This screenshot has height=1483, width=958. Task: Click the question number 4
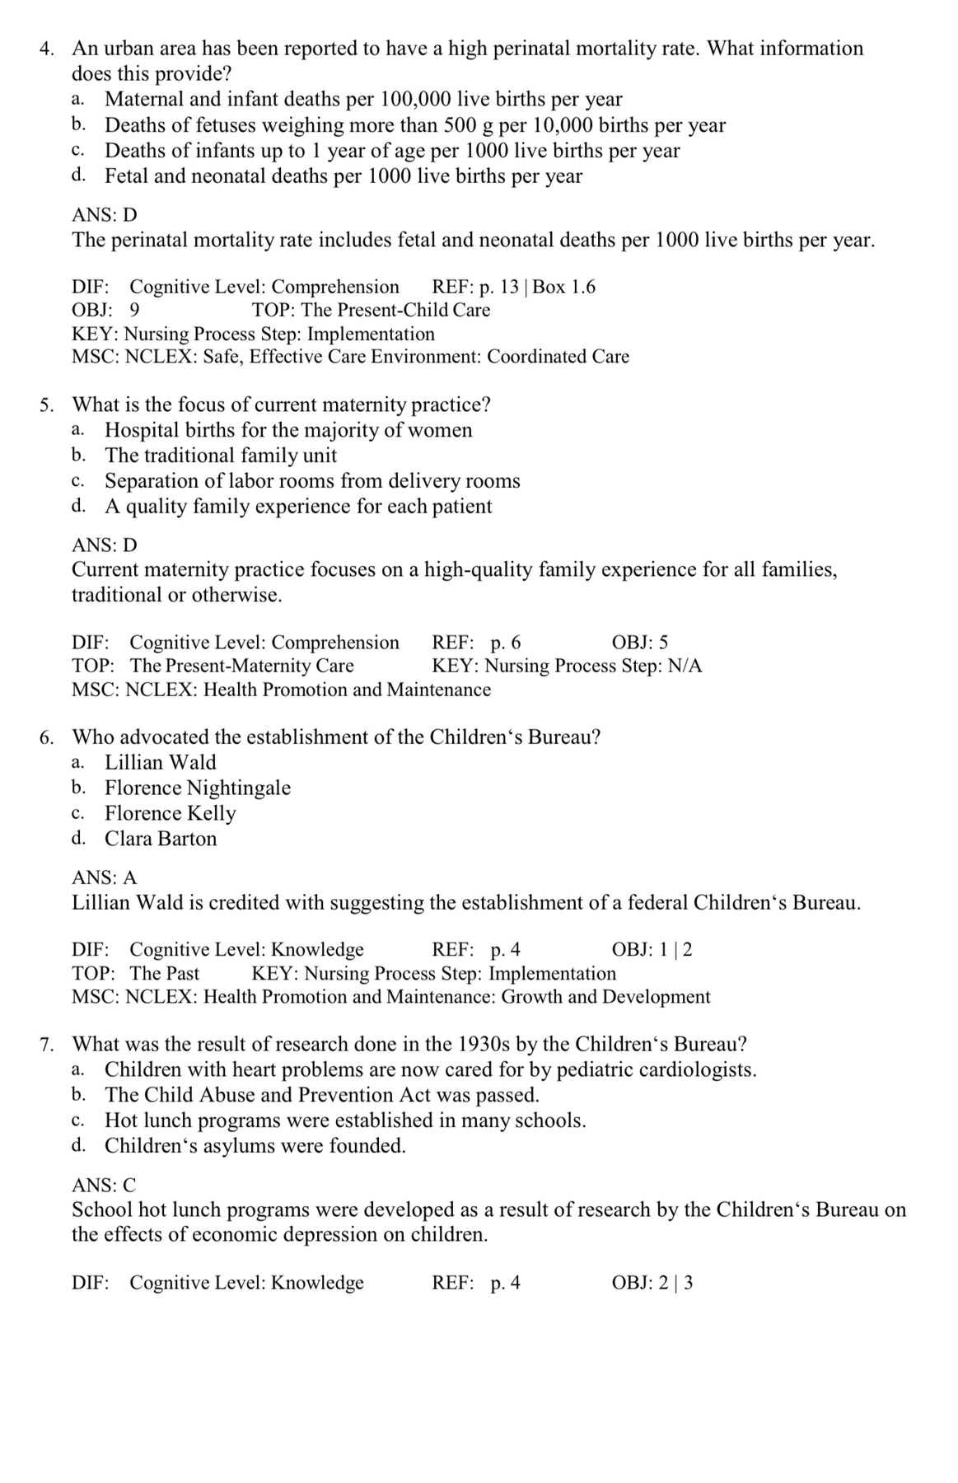(47, 49)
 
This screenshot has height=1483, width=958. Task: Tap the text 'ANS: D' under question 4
(105, 215)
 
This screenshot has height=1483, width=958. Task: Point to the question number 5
(47, 405)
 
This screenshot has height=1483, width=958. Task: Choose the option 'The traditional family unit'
(221, 456)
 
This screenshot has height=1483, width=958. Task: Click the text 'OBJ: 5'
(640, 643)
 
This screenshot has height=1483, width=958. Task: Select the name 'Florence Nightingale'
(198, 788)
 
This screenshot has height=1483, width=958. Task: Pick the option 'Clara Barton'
(161, 839)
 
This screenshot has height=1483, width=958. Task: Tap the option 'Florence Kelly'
(170, 813)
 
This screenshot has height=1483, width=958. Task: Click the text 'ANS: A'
(105, 878)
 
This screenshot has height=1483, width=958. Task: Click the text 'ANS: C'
(105, 1186)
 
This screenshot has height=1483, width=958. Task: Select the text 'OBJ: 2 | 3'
(652, 1283)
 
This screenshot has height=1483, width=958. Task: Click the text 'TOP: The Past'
(136, 973)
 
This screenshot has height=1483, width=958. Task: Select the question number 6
(47, 737)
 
